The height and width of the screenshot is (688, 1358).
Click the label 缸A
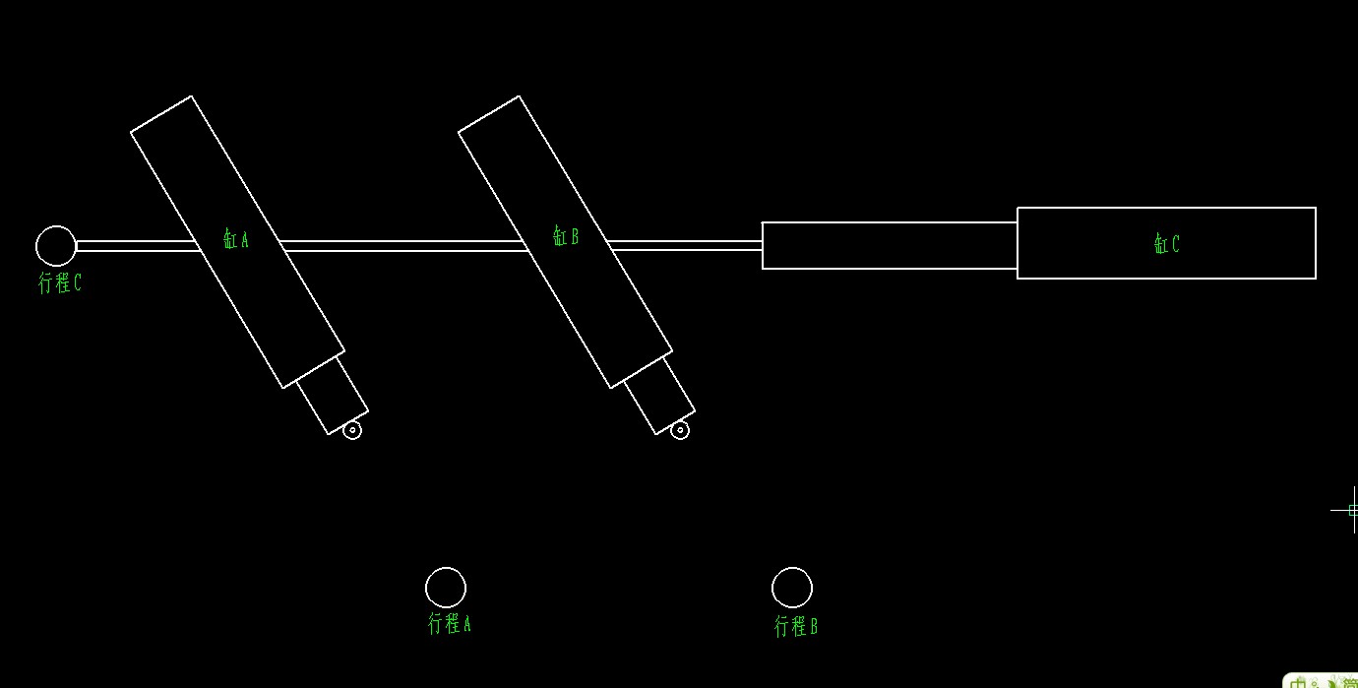point(236,239)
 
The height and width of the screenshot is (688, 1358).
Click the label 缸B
point(566,236)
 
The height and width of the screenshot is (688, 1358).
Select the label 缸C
point(1167,244)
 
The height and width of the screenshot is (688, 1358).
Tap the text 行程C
point(59,283)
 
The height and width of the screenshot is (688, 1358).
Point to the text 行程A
point(450,623)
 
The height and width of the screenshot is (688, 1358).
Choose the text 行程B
point(796,626)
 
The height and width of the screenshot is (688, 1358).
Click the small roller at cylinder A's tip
point(352,430)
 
